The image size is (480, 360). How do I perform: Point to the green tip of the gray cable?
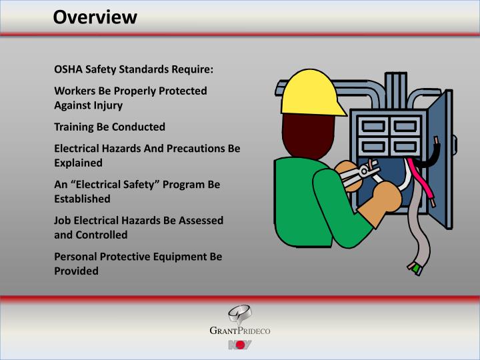point(416,269)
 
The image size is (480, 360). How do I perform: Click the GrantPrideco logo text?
point(239,331)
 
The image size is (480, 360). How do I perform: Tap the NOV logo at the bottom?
point(239,345)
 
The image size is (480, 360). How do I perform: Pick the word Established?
point(82,199)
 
